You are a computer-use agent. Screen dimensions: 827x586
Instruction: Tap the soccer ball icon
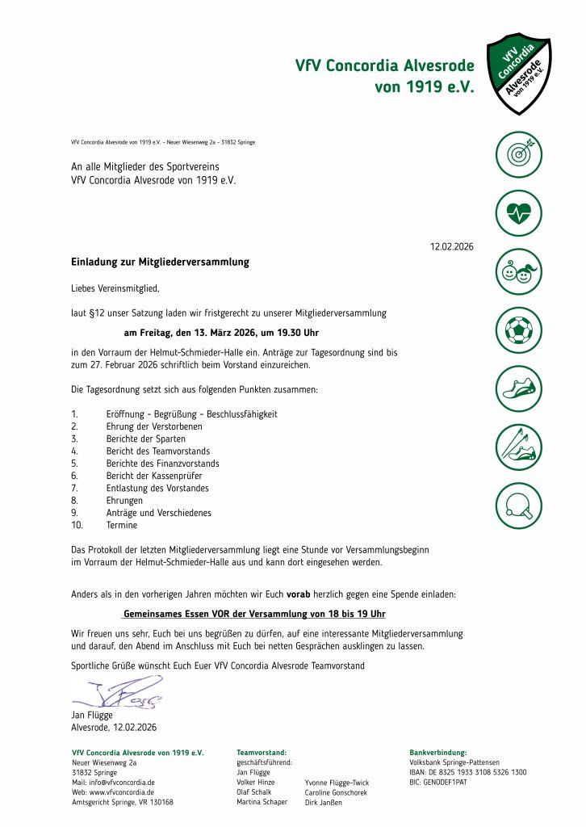click(518, 330)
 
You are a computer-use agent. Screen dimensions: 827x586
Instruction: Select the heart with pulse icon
click(518, 213)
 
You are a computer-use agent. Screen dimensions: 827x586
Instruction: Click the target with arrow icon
click(518, 154)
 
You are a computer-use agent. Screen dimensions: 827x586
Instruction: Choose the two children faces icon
click(518, 272)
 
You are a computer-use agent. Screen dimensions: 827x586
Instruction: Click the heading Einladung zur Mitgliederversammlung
click(161, 262)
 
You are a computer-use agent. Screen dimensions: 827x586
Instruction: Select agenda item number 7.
click(74, 488)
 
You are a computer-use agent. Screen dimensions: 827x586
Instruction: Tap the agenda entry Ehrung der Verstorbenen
click(154, 426)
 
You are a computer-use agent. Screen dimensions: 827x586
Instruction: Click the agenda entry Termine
click(122, 525)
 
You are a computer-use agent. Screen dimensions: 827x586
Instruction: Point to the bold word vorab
click(299, 594)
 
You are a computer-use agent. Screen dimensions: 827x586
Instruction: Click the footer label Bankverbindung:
click(438, 753)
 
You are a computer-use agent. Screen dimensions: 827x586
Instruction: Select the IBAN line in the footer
click(468, 772)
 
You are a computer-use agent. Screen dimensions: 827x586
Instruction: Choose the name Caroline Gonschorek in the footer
click(336, 792)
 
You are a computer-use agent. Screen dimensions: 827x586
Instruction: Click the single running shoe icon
click(518, 388)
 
